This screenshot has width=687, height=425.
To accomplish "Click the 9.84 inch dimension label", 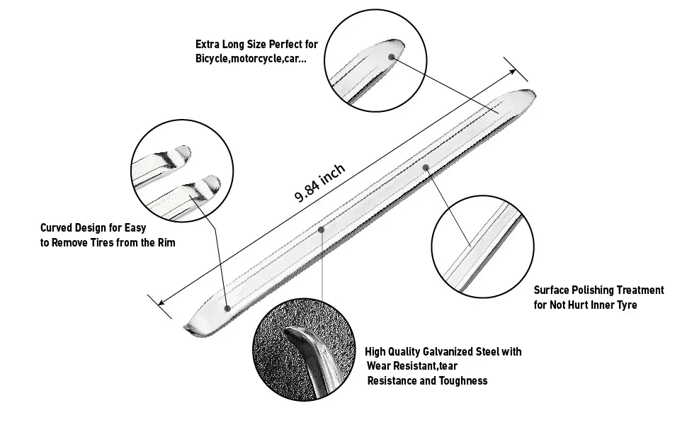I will point(320,183).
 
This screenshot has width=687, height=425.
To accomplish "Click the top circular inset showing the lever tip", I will point(375,61).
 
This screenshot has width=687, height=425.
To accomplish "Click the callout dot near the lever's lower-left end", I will point(227,308).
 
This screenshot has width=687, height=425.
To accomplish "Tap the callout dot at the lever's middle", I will point(321,229).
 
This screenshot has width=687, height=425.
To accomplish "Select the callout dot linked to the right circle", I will point(426,167).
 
